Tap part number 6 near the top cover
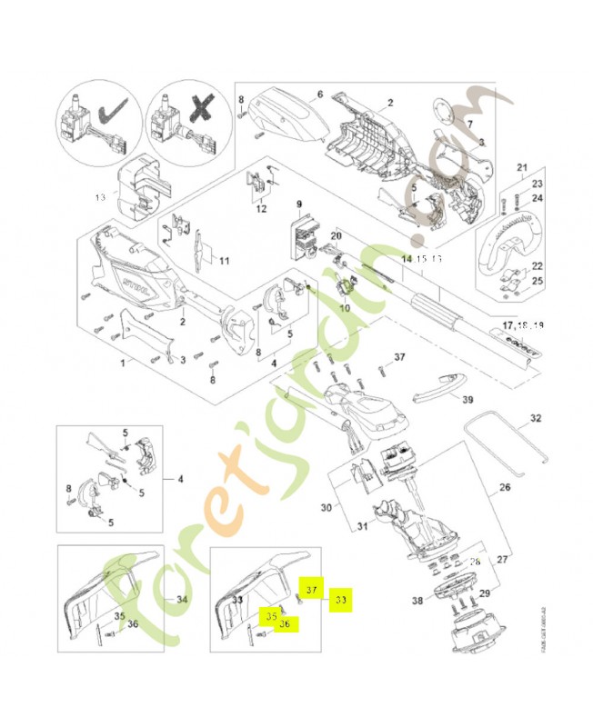point(319,95)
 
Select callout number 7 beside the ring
point(470,124)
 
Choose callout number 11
point(224,262)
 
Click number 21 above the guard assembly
point(521,167)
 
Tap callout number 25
point(538,282)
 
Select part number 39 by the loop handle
point(467,400)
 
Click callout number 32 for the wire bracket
point(535,419)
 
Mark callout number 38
point(417,601)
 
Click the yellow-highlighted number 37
point(313,589)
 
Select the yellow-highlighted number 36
point(285,623)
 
